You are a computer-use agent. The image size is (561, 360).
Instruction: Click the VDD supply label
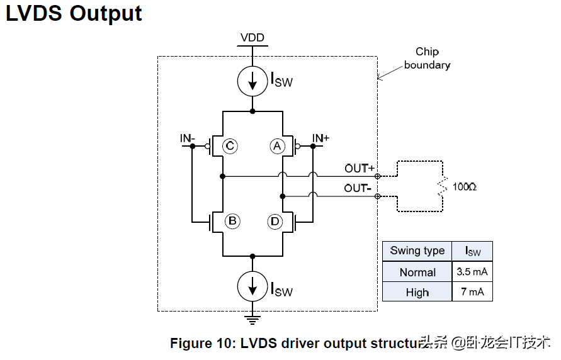[252, 38]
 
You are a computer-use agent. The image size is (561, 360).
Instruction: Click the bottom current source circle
[252, 286]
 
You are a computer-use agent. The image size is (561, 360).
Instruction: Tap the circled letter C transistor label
[230, 147]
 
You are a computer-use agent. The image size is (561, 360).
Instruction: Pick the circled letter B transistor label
[232, 221]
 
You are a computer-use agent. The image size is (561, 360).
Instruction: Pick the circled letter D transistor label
[275, 221]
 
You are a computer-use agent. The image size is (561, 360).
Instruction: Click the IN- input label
[188, 138]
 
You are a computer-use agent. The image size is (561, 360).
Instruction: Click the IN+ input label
[320, 138]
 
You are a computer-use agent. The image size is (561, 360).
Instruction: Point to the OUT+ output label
[360, 168]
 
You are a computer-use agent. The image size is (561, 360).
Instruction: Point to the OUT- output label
[359, 188]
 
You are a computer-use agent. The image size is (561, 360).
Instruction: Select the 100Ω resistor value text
[465, 187]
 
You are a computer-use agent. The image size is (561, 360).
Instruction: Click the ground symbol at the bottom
[252, 320]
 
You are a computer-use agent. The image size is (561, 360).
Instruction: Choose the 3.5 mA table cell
[472, 272]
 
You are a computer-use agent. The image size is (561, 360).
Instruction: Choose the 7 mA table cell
[472, 292]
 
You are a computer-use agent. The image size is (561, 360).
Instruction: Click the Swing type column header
[417, 250]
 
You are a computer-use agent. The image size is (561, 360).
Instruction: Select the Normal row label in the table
[417, 272]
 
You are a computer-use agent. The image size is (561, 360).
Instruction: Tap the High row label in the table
[417, 292]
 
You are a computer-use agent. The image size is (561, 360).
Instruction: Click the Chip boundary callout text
[427, 58]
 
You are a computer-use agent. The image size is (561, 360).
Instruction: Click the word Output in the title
[105, 13]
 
